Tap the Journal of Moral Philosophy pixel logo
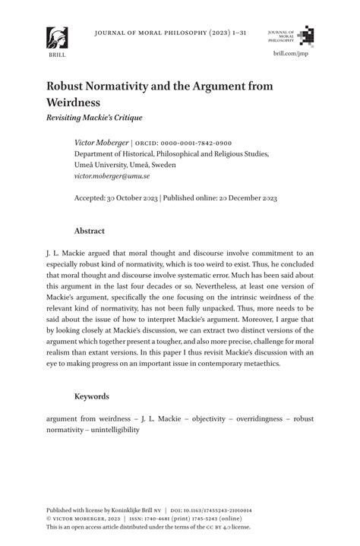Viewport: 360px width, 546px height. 305,36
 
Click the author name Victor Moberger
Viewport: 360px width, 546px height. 101,143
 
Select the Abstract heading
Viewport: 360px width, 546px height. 89,231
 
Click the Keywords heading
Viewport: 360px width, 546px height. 91,396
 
